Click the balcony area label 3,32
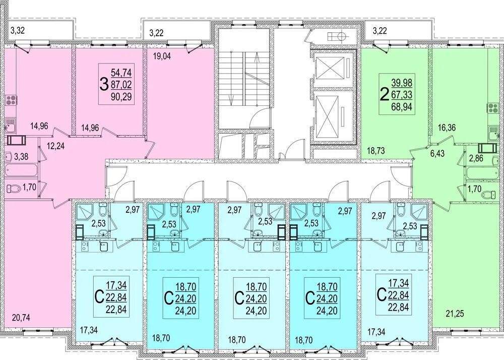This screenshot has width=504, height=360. click(x=18, y=31)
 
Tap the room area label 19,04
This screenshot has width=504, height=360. click(x=162, y=56)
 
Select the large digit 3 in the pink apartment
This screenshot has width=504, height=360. click(x=104, y=85)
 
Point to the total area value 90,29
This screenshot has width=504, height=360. click(x=121, y=97)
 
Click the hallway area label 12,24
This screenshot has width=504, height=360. click(x=55, y=146)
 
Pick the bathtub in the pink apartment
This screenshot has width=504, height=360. click(x=21, y=170)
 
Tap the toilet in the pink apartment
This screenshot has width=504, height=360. click(x=13, y=188)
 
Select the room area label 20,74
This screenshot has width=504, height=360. click(x=21, y=318)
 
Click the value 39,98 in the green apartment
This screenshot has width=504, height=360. click(x=402, y=83)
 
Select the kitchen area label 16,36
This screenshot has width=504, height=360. click(x=447, y=128)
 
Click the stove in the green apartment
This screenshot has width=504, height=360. click(x=493, y=108)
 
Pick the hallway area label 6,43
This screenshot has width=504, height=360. click(x=437, y=154)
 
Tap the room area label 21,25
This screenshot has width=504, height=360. click(x=455, y=314)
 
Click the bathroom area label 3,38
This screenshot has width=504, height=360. click(x=21, y=157)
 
